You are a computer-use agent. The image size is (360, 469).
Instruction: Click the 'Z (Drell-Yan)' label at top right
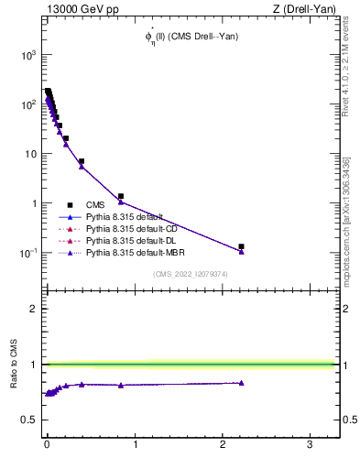pos(302,9)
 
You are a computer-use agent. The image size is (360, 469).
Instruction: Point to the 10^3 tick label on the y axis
pos(27,55)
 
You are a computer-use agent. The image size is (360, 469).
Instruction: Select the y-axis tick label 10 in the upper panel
pos(28,154)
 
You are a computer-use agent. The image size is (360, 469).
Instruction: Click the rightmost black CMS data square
pos(242,246)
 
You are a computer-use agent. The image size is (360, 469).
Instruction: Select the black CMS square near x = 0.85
pos(121,196)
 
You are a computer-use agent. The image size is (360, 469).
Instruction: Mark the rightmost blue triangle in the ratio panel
pos(242,383)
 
